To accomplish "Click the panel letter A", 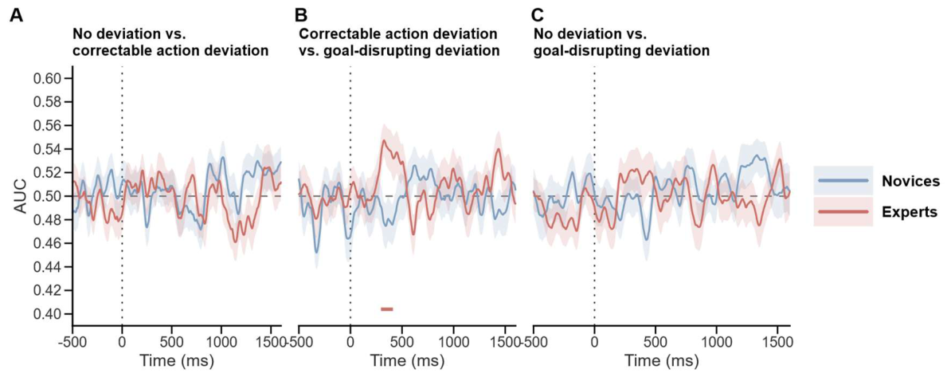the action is [17, 16].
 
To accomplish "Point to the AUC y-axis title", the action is [19, 196].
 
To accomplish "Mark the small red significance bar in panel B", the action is [387, 309].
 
